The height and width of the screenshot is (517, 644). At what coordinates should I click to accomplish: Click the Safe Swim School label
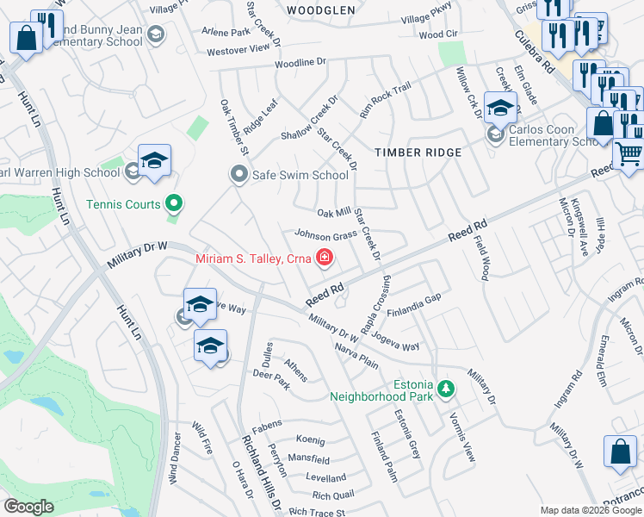click(x=300, y=174)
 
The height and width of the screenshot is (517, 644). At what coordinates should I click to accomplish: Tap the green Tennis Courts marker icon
click(x=175, y=204)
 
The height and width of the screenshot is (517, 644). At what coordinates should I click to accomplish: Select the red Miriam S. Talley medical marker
click(x=325, y=257)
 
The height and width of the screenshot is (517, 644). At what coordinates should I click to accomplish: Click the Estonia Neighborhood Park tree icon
click(x=445, y=387)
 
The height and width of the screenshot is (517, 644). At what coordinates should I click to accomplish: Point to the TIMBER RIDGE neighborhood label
click(x=418, y=153)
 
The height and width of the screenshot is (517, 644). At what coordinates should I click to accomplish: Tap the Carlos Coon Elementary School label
click(x=553, y=135)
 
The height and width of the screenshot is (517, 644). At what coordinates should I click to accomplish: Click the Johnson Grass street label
click(x=326, y=234)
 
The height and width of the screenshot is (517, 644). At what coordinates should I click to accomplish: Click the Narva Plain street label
click(x=356, y=357)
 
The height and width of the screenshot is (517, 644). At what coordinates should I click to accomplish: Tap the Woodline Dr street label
click(x=301, y=63)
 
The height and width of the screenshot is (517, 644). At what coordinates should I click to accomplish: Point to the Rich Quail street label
click(x=333, y=495)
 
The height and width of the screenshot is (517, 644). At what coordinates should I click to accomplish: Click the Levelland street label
click(x=326, y=477)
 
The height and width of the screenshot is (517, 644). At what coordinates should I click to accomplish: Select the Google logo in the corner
click(x=29, y=507)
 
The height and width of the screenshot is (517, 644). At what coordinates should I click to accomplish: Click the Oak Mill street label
click(x=334, y=212)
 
